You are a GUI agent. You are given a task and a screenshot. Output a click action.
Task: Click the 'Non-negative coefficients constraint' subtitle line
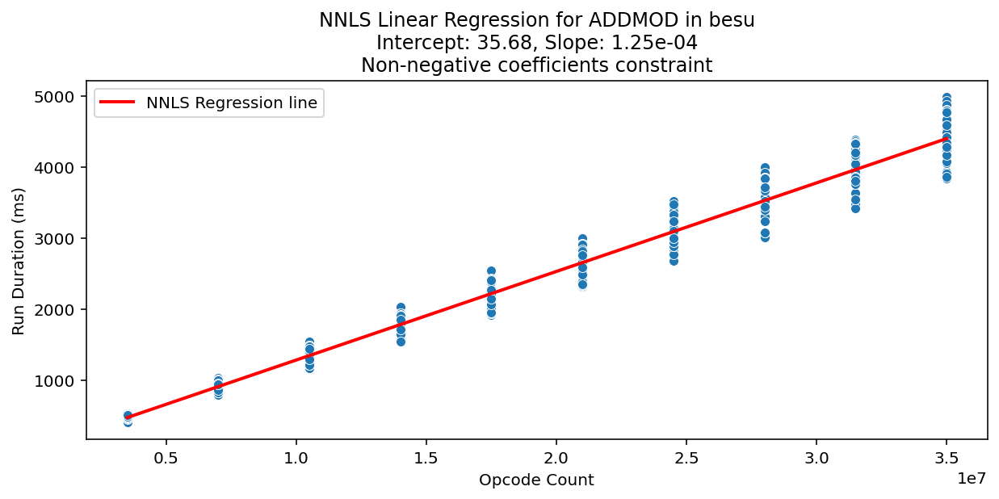pyautogui.click(x=536, y=65)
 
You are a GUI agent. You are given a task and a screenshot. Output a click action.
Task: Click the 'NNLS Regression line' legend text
pyautogui.click(x=231, y=103)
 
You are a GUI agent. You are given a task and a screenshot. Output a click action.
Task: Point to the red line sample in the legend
pyautogui.click(x=119, y=103)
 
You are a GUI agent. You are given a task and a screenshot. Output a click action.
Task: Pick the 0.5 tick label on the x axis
pyautogui.click(x=166, y=456)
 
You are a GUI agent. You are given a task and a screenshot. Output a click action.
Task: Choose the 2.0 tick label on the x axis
pyautogui.click(x=556, y=456)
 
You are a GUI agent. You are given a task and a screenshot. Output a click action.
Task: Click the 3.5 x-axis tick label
pyautogui.click(x=947, y=456)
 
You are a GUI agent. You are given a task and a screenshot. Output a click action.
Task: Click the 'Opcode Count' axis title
pyautogui.click(x=536, y=480)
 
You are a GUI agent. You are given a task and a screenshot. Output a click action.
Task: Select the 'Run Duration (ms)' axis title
pyautogui.click(x=19, y=260)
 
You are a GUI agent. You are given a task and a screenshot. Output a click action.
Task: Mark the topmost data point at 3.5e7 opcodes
pyautogui.click(x=947, y=98)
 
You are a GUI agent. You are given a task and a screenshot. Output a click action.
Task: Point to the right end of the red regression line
pyautogui.click(x=947, y=139)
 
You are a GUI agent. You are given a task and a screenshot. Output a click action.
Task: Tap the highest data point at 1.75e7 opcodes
pyautogui.click(x=491, y=271)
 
